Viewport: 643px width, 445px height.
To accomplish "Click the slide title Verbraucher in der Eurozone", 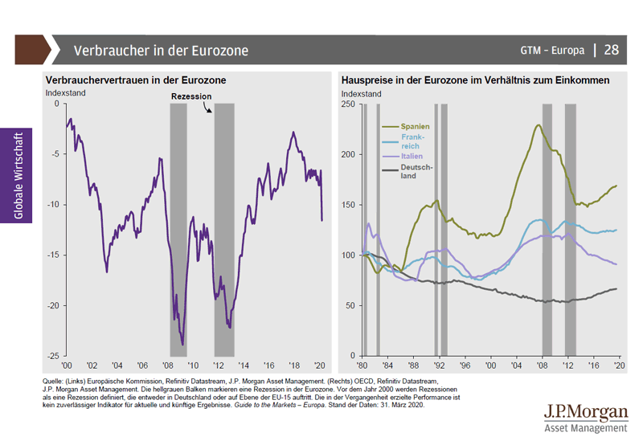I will (161, 51).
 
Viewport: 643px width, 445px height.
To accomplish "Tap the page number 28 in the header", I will (612, 50).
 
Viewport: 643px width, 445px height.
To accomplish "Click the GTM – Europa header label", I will (553, 51).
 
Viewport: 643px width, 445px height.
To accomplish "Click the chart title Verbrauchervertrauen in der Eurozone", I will (136, 81).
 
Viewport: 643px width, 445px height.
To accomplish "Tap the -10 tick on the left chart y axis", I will (54, 204).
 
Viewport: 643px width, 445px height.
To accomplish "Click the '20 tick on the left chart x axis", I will (321, 364).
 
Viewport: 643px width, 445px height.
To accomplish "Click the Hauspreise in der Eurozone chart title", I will (475, 81).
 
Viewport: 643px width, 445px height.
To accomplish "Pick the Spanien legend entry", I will (416, 126).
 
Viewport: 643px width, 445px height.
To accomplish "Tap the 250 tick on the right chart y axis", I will (349, 104).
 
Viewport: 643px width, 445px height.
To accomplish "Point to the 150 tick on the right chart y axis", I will (349, 204).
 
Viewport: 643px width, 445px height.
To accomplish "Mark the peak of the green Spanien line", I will (537, 125).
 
